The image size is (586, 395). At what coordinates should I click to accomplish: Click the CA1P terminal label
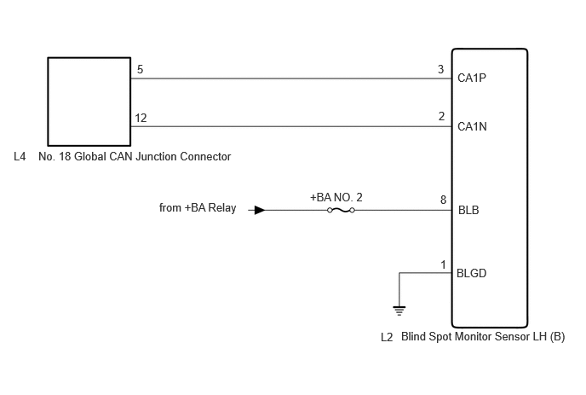point(472,78)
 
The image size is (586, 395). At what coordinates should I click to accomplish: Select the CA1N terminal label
point(472,126)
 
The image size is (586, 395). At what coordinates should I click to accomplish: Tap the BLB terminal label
point(468,210)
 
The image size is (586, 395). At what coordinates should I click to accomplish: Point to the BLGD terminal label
point(471,273)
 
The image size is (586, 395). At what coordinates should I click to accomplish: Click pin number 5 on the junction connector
point(141,69)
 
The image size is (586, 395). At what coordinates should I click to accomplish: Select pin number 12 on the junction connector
point(141,118)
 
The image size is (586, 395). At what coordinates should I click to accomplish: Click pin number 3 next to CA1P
point(441,69)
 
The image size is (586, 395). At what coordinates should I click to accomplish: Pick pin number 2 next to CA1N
point(441,116)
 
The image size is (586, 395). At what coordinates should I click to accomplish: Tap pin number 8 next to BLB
point(443,200)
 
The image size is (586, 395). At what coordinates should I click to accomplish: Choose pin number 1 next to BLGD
point(443,264)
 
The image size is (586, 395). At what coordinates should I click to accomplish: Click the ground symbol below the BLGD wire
point(399,311)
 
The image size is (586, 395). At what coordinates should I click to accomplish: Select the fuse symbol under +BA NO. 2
point(341,210)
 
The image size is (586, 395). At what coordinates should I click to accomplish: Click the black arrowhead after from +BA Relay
point(260,210)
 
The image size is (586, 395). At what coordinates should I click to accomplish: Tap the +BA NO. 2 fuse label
point(336,197)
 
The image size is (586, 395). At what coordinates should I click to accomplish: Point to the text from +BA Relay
point(198,208)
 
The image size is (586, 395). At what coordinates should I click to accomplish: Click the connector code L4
point(20,156)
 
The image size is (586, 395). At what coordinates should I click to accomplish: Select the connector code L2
point(387,337)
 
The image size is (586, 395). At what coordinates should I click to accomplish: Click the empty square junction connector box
point(89,58)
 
